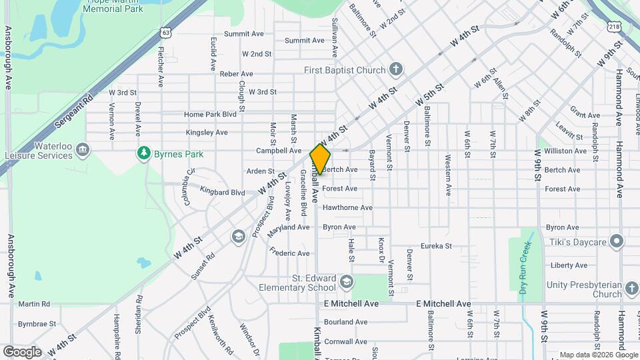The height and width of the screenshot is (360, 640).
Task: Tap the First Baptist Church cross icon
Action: click(396, 70)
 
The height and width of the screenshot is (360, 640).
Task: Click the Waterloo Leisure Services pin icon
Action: click(83, 148)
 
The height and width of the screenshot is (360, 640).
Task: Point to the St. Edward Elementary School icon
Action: click(346, 283)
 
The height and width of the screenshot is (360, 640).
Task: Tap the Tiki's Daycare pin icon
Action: click(617, 241)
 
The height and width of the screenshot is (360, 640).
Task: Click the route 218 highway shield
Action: click(614, 26)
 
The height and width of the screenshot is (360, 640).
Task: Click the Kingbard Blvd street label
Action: click(223, 193)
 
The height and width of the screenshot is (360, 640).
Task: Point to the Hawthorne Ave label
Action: click(347, 208)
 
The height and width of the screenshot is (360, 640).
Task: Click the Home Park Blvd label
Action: click(211, 115)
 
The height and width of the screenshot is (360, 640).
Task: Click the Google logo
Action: click(22, 351)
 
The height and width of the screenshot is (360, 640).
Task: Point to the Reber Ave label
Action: click(237, 74)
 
